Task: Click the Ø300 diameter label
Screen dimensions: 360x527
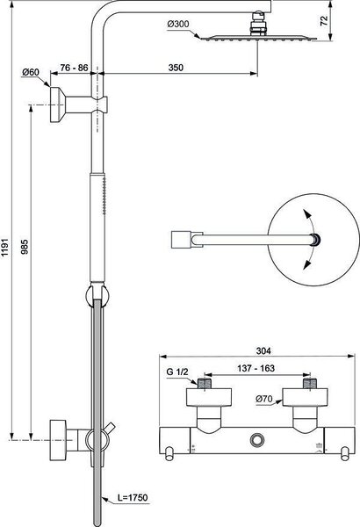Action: pos(178,25)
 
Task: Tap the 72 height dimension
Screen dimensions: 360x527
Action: pos(324,21)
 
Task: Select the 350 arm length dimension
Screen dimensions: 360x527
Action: pos(176,68)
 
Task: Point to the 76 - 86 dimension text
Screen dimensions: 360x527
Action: pos(74,68)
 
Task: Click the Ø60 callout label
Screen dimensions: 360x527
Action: pos(31,72)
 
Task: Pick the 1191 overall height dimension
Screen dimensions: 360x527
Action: pos(6,248)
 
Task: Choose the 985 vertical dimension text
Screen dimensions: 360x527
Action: pos(25,247)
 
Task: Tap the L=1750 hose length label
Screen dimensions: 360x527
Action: pos(133,497)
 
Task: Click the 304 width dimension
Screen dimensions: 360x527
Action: pos(263,350)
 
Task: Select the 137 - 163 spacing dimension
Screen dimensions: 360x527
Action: pos(256,368)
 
